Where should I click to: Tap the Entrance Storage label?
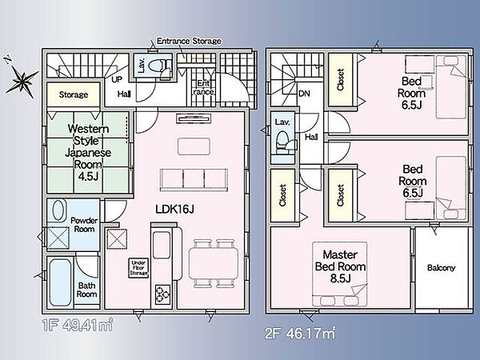coord(189,41)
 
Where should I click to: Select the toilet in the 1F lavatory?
coord(160,65)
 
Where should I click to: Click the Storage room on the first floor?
coord(74,94)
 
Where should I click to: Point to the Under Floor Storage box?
coord(138,268)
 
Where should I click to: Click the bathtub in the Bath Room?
coord(61,282)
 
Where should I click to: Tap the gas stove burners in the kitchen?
coord(162,294)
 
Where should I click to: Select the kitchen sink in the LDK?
coord(162,245)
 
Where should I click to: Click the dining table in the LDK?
coord(214,263)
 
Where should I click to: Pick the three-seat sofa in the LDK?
coord(194,180)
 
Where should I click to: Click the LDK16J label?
coord(174,210)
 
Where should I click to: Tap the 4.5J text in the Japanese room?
coord(88,176)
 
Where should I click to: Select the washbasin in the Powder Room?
coord(58,210)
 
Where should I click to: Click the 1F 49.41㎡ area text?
coord(78,325)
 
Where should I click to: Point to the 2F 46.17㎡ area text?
coord(300,333)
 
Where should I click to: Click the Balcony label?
coord(441,268)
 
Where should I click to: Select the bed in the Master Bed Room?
coord(340,274)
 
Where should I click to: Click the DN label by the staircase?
coord(304,94)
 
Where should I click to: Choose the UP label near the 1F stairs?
coord(117,80)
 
